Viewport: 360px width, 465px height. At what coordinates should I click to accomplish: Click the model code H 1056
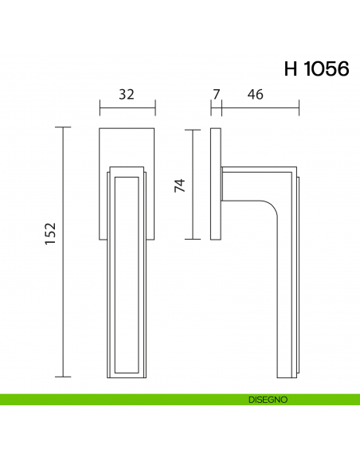[x=316, y=68]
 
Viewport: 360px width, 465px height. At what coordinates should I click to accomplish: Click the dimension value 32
[x=127, y=94]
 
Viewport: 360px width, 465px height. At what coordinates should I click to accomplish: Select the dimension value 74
[x=179, y=185]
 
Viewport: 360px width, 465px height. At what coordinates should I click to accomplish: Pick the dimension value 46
[x=255, y=94]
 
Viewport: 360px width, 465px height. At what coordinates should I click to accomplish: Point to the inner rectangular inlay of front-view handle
[x=127, y=271]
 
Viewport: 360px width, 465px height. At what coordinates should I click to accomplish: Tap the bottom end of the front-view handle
[x=127, y=374]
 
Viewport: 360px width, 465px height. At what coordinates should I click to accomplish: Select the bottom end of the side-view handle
[x=286, y=376]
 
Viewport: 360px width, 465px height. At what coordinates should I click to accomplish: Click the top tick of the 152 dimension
[x=64, y=127]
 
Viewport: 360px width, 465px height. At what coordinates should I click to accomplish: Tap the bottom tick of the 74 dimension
[x=194, y=239]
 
